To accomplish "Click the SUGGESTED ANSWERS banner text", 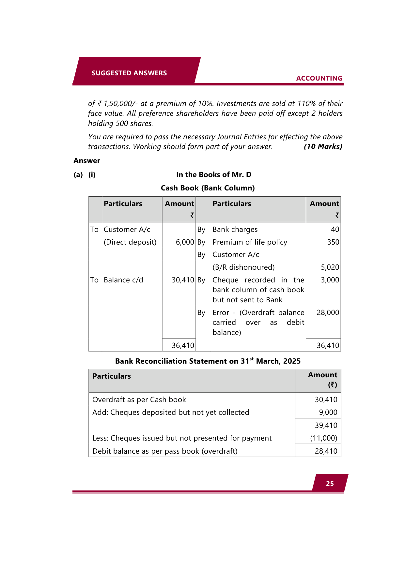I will pyautogui.click(x=129, y=73).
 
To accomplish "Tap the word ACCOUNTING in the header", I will pyautogui.click(x=319, y=78).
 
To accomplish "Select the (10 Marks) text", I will pyautogui.click(x=323, y=147).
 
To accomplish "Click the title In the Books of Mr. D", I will pyautogui.click(x=214, y=174).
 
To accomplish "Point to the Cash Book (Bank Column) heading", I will pyautogui.click(x=208, y=188).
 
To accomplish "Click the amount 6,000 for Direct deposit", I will pyautogui.click(x=185, y=242).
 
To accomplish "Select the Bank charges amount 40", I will pyautogui.click(x=335, y=230).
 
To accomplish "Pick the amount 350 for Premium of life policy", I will pyautogui.click(x=333, y=242).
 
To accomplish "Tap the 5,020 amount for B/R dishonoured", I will pyautogui.click(x=330, y=267).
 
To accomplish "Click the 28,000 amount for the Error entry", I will pyautogui.click(x=328, y=312).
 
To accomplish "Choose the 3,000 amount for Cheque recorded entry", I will pyautogui.click(x=330, y=280).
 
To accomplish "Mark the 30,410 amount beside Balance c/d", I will pyautogui.click(x=183, y=280).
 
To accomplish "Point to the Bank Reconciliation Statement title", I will pyautogui.click(x=208, y=361).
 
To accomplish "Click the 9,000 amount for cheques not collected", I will pyautogui.click(x=328, y=412).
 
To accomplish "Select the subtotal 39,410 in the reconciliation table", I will pyautogui.click(x=326, y=425).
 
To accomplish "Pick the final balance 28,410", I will pyautogui.click(x=326, y=451).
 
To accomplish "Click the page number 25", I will pyautogui.click(x=330, y=484).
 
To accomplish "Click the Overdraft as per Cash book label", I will pyautogui.click(x=139, y=399).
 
